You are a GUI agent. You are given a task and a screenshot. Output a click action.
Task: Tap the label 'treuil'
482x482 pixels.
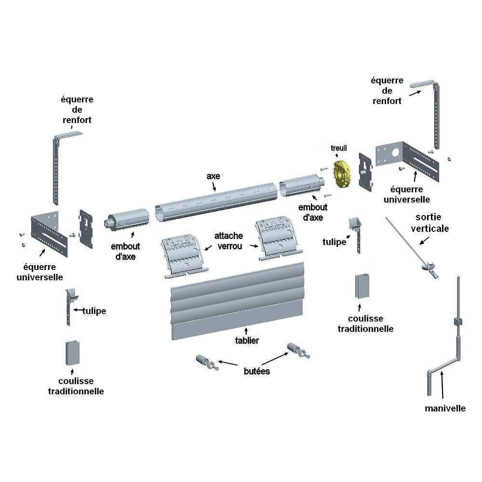[339, 148]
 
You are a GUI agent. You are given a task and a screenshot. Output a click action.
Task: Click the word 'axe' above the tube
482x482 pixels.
[213, 176]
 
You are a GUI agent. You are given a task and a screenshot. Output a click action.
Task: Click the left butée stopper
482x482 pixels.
[205, 362]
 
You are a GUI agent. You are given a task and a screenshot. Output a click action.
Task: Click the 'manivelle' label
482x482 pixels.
[445, 408]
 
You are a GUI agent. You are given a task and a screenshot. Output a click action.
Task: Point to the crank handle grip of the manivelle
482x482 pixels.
[429, 383]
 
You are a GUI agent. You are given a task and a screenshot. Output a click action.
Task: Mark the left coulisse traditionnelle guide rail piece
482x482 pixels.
[71, 354]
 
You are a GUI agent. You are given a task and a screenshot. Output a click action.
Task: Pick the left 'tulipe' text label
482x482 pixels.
[94, 311]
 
